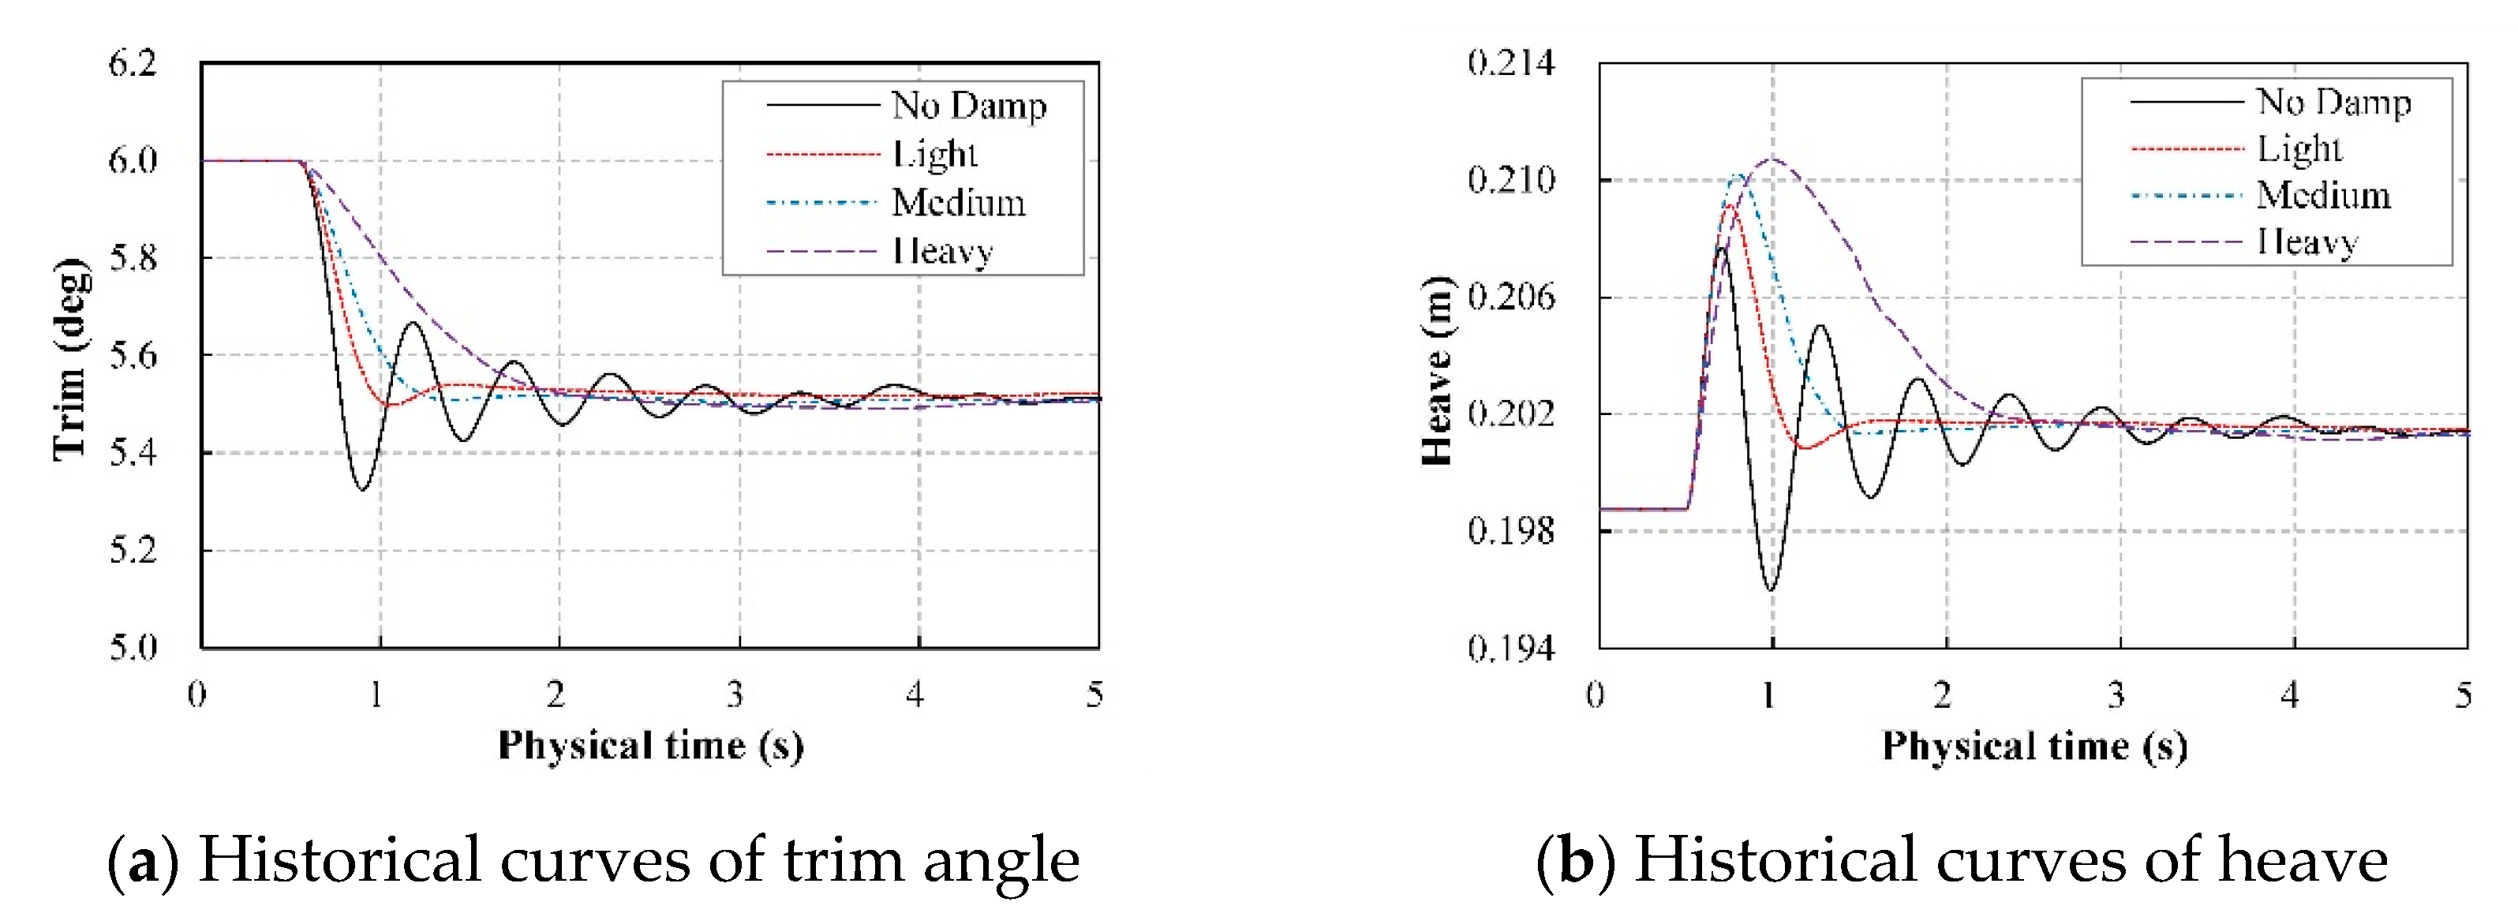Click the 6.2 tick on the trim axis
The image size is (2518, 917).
(x=132, y=64)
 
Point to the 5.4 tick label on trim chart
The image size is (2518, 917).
(x=132, y=453)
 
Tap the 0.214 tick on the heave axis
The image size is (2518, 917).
(x=1510, y=64)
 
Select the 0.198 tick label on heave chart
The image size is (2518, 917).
(x=1510, y=531)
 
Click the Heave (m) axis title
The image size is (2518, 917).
(x=1437, y=372)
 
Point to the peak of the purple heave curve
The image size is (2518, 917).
(x=1772, y=159)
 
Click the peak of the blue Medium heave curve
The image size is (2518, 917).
(x=1740, y=176)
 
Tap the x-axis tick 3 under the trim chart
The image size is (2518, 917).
(x=736, y=694)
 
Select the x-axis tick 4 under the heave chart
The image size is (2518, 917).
(x=2290, y=695)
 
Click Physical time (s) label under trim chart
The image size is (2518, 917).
(x=651, y=746)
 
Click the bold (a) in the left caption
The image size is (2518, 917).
(x=143, y=860)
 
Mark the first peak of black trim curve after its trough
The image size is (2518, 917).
(x=413, y=323)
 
